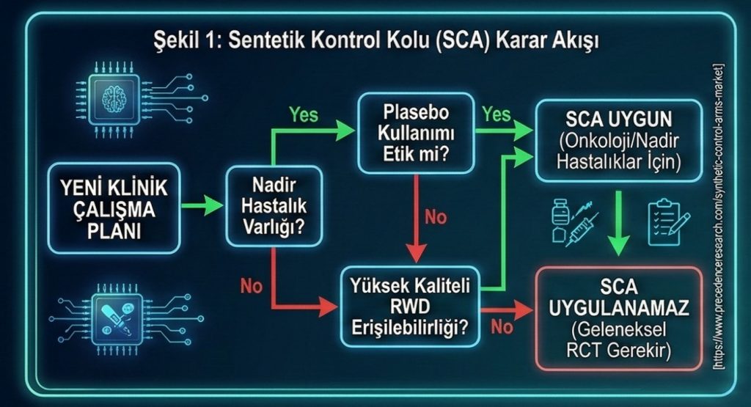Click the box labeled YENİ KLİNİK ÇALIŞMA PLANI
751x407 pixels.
coord(114,208)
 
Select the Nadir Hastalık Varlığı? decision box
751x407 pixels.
coord(274,206)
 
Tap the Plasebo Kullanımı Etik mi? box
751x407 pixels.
coord(416,133)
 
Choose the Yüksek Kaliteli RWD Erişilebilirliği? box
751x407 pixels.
coord(410,307)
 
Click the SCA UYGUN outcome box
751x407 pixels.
coord(619,141)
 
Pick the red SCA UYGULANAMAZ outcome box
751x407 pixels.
coord(619,318)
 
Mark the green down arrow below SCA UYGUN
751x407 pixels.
coord(619,223)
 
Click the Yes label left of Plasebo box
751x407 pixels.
coord(304,115)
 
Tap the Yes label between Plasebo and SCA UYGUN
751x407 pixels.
coord(497,114)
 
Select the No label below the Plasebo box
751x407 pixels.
coord(436,217)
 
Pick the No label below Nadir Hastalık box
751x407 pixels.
coord(252,286)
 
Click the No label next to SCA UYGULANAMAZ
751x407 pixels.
coord(502,327)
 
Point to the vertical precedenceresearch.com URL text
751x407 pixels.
coord(719,216)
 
